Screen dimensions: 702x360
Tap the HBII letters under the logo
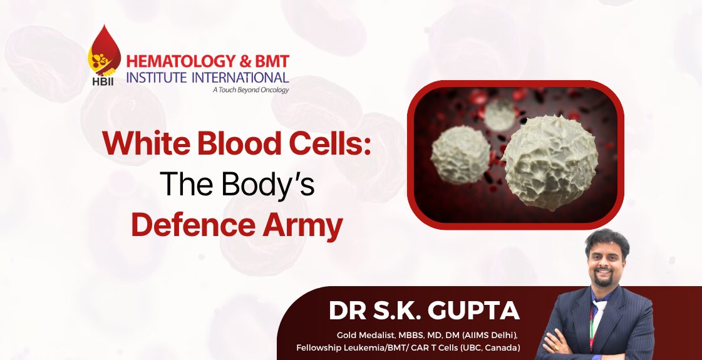tap(103, 82)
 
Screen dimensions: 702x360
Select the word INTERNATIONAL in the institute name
tap(240, 77)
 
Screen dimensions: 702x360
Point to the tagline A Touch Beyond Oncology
tap(250, 90)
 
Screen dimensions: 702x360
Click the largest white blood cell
tap(550, 162)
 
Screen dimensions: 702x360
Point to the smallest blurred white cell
tap(500, 115)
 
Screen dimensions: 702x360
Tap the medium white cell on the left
tap(460, 155)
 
